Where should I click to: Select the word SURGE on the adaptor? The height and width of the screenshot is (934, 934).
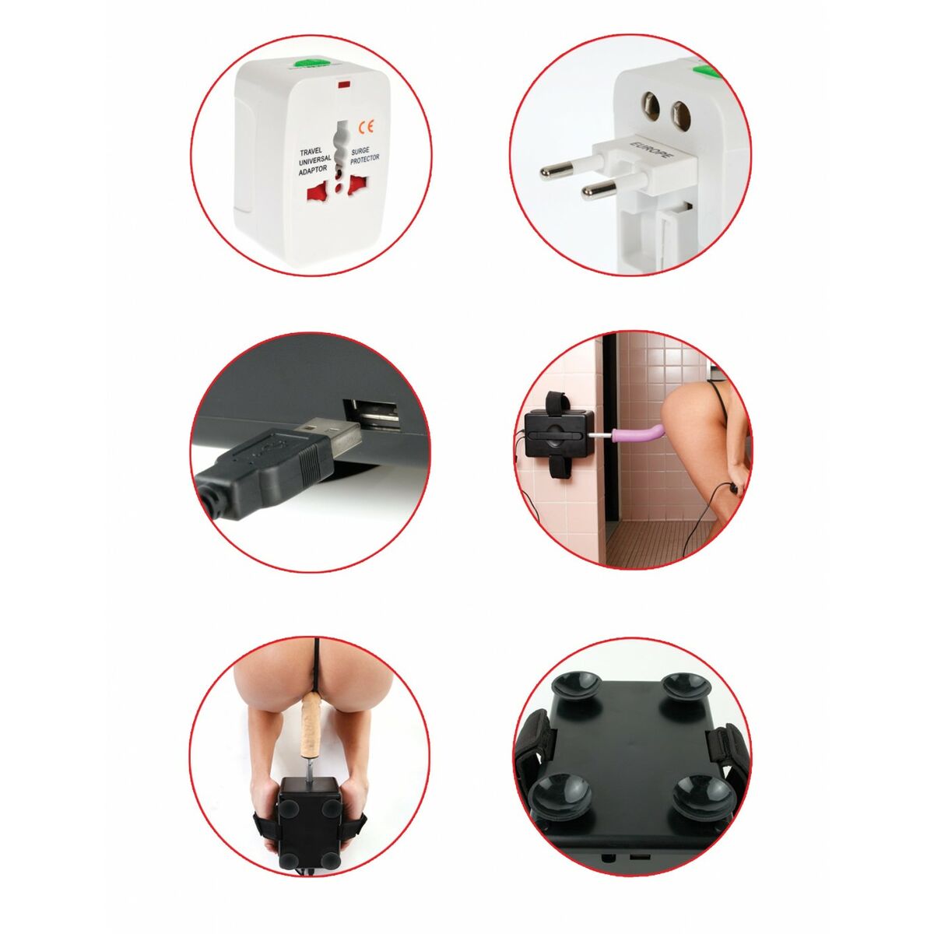pyautogui.click(x=363, y=152)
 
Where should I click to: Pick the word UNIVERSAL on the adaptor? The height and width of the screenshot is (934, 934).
pyautogui.click(x=314, y=161)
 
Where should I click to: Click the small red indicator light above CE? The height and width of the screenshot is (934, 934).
pyautogui.click(x=344, y=81)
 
